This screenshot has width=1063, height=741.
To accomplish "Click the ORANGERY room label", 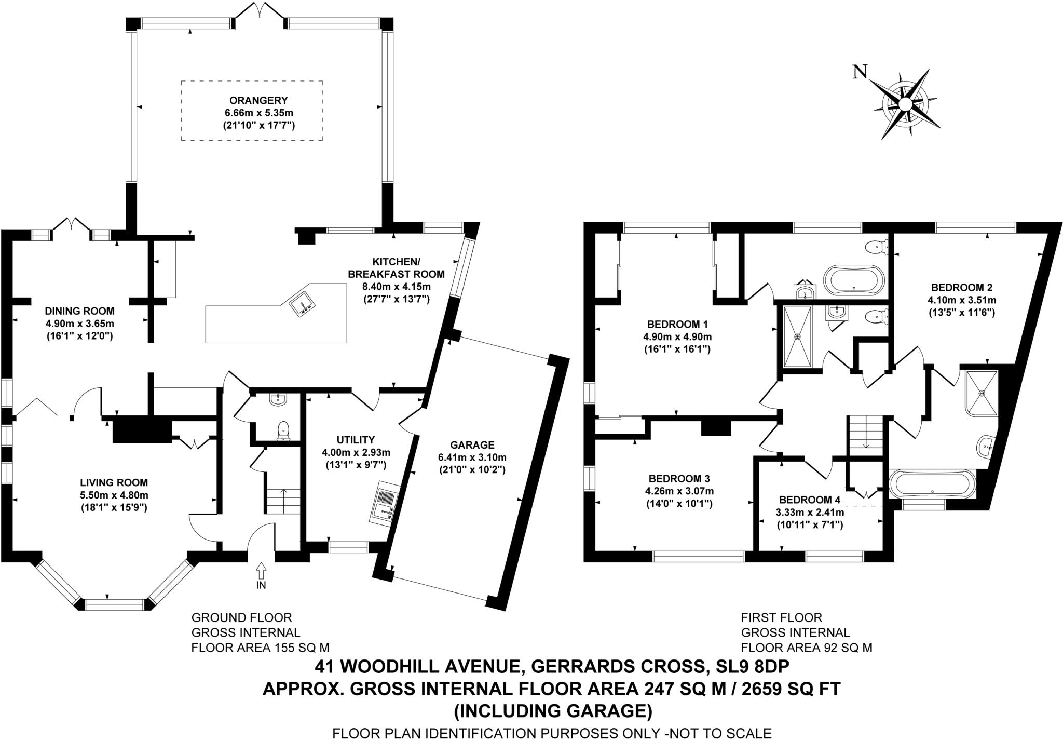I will (x=251, y=100).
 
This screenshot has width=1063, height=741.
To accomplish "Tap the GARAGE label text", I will (x=472, y=445).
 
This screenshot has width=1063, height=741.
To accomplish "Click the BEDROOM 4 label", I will (x=809, y=500).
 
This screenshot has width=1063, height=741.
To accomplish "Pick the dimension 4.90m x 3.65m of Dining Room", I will (x=79, y=324).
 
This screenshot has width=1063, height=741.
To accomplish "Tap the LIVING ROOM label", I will (x=114, y=482).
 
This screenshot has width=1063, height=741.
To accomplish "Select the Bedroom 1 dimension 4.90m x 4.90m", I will (x=677, y=336).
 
